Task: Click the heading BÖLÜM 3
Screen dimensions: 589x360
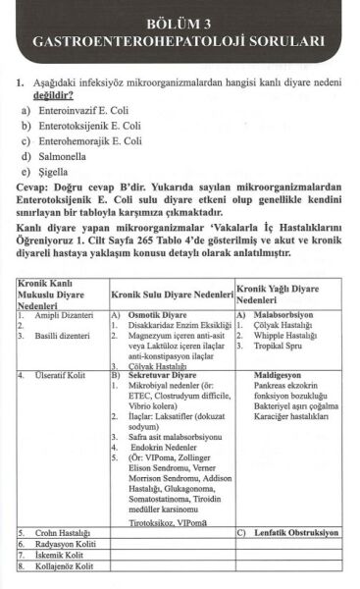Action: click(179, 22)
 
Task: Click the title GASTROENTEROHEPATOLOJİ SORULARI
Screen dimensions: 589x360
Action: click(179, 43)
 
